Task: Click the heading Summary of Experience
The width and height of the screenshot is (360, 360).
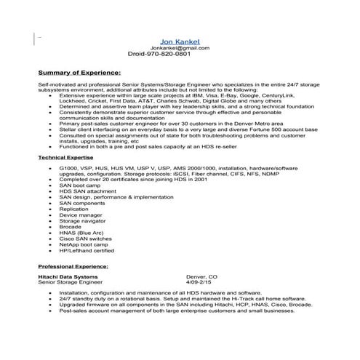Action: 79,73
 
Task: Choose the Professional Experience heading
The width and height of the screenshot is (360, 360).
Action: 73,268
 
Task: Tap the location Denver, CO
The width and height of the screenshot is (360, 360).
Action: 202,277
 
